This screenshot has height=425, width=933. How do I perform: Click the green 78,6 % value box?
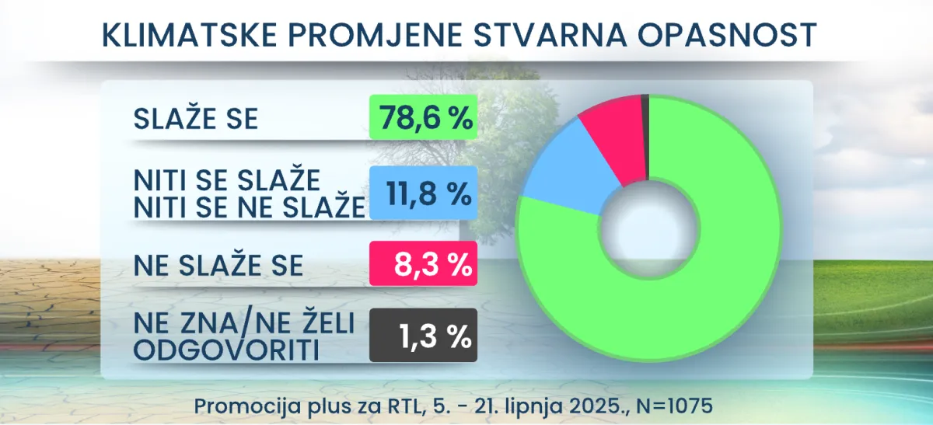422,118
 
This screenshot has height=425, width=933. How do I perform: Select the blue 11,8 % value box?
422,192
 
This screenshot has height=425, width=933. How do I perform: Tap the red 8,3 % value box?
422,265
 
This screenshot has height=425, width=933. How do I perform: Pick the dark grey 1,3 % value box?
422,335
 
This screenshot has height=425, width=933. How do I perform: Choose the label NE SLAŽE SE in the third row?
218,266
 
